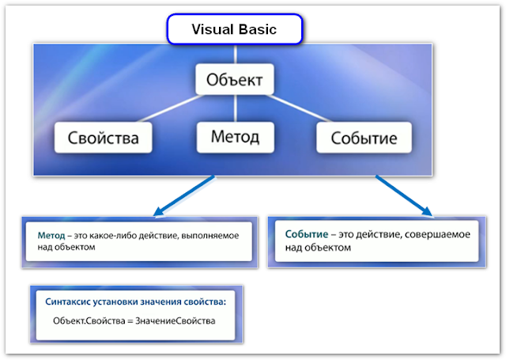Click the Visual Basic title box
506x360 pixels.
[x=234, y=30]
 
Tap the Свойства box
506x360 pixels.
[x=102, y=138]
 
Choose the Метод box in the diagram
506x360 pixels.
[x=234, y=137]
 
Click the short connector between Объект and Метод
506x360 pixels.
[x=234, y=109]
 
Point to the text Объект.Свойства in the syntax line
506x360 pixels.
[x=88, y=320]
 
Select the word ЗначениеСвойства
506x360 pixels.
[x=175, y=320]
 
